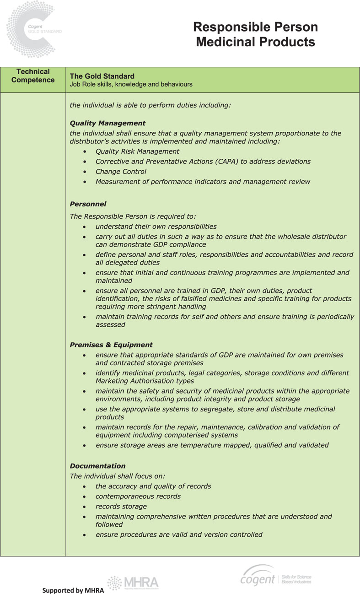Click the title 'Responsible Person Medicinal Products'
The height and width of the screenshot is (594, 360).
pos(255,34)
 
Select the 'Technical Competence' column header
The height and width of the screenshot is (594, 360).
pos(33,76)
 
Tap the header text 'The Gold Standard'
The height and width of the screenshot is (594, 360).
pos(102,76)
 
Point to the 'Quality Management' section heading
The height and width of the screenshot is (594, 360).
pos(107,123)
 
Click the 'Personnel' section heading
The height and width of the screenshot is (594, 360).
pos(88,204)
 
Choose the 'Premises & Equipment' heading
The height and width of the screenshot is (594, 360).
pos(111,345)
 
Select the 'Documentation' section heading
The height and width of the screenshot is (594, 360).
pos(97,466)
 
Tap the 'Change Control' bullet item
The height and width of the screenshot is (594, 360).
pos(121,172)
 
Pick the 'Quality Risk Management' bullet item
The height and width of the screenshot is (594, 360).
pos(137,151)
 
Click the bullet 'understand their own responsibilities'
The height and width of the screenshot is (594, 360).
pos(156,227)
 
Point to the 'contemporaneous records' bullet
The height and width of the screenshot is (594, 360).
pos(138,497)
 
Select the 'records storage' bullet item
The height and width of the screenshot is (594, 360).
pos(121,507)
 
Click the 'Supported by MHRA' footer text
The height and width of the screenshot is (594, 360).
pos(73,590)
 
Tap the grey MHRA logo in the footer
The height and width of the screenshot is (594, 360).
pos(133,582)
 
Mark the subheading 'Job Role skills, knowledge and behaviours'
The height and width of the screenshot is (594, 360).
pos(131,85)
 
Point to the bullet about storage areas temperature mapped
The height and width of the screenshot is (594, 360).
pos(212,445)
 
